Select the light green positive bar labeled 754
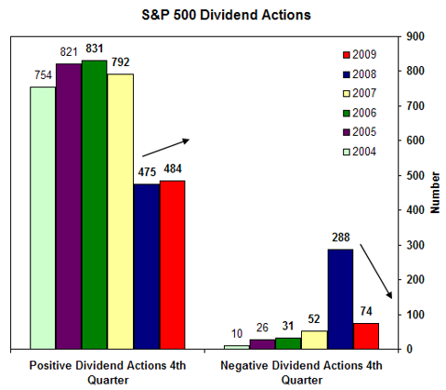click(x=43, y=218)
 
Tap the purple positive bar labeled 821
click(x=69, y=206)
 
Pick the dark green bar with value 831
click(x=95, y=204)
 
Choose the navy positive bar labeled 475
click(x=147, y=266)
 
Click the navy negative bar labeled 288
click(x=340, y=299)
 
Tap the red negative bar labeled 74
click(x=366, y=336)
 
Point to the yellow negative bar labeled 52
click(x=314, y=340)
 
